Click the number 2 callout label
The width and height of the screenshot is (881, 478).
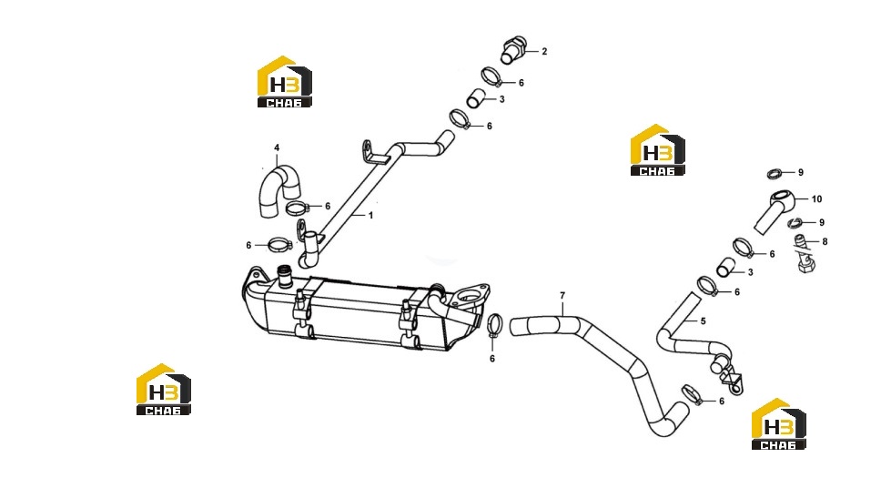[x=544, y=51]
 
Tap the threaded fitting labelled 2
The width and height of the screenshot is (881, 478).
[x=513, y=49]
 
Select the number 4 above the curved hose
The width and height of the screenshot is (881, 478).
[x=277, y=147]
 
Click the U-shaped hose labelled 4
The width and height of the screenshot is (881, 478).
[x=278, y=188]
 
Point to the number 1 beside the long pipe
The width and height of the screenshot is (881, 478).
[x=370, y=216]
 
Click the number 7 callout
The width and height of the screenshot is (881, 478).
[x=562, y=295]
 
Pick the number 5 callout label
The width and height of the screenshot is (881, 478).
[x=703, y=321]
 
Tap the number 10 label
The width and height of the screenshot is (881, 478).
[x=816, y=199]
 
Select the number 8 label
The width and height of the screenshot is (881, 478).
[x=825, y=242]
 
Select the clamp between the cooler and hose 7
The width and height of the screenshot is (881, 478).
[x=494, y=325]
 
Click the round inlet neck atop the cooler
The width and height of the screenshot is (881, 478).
[x=285, y=276]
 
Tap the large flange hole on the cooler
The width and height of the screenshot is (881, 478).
[x=467, y=296]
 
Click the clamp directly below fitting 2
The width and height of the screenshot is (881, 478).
[x=491, y=77]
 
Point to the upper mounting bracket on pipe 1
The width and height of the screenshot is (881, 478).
[x=373, y=152]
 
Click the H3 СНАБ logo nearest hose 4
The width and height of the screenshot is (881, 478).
[x=285, y=82]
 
